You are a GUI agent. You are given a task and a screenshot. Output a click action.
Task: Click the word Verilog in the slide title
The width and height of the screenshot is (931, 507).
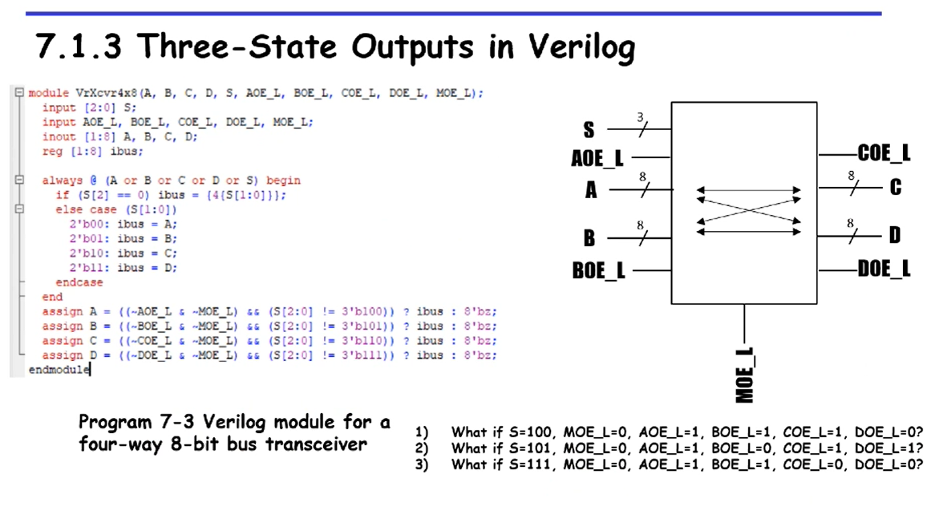581,47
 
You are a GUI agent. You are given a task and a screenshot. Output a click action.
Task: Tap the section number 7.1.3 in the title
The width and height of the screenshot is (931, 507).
79,47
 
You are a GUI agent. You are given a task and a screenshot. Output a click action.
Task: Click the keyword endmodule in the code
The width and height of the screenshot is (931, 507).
59,369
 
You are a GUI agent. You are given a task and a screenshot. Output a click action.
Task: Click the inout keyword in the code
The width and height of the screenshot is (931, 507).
59,136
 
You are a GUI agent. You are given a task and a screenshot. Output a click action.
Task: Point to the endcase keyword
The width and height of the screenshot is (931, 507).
79,282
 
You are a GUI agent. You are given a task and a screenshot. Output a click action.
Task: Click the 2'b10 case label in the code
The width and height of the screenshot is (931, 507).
86,253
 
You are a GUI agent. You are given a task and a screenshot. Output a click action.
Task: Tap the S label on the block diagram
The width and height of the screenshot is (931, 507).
589,129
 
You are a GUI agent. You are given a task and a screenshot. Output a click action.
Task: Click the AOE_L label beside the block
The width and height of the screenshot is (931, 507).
597,159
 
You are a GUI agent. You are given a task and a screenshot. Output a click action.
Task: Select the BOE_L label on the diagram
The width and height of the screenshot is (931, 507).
598,270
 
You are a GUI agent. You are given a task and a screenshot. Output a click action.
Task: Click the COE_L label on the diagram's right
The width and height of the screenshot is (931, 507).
884,153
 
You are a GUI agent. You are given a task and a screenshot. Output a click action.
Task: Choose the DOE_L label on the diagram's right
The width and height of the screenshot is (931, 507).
884,269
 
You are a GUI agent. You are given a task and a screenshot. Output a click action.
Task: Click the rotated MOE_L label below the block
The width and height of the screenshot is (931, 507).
745,375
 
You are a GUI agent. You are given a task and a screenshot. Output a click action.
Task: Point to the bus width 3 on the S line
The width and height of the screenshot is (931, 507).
640,118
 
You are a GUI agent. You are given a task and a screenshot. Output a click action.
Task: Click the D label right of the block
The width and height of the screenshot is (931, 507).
895,236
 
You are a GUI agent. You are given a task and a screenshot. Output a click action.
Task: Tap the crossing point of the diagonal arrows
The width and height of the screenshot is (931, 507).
749,210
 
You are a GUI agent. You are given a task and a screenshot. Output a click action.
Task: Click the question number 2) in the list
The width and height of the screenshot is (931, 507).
422,448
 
